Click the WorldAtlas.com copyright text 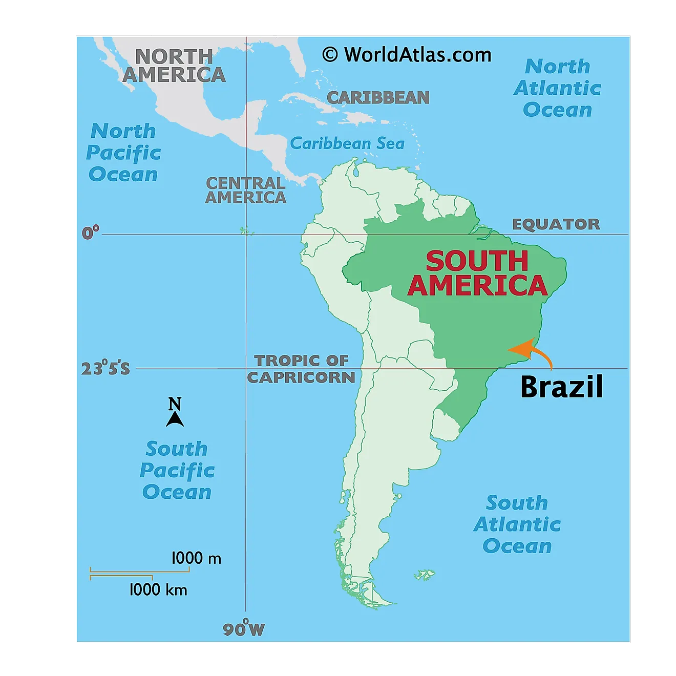pos(407,54)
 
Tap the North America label pos(174,66)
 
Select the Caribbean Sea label pos(347,143)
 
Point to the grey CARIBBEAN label pos(378,98)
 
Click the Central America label pos(245,190)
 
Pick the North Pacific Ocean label pos(123,153)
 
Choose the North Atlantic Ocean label pos(557,88)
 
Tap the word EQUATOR pos(556,224)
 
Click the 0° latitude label pos(91,233)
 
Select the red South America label pos(477,273)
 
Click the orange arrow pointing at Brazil pos(529,351)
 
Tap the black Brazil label pos(562,387)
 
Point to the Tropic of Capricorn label pos(301,369)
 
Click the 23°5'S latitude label pos(105,368)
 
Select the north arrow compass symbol pos(175,413)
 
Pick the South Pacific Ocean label pos(177,470)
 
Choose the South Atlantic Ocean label pos(517,524)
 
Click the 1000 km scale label pos(158,590)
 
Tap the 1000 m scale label pos(196,558)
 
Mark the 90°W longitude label pos(244,629)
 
